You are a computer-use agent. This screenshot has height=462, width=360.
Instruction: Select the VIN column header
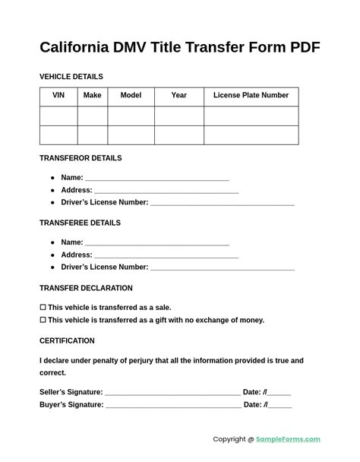(x=58, y=96)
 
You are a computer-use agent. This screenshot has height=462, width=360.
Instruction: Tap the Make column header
(x=92, y=96)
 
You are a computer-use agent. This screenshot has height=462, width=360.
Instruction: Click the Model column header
(x=131, y=96)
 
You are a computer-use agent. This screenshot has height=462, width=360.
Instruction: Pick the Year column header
(x=178, y=96)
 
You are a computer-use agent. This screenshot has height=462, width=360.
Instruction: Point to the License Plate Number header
(x=251, y=96)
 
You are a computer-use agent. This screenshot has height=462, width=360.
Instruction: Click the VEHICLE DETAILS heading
(x=71, y=77)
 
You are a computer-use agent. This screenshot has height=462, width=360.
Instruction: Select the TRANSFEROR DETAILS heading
(x=81, y=158)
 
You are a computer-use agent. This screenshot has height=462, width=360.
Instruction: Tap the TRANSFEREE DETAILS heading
(x=80, y=223)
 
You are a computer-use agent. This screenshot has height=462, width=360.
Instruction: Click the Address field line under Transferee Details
(x=166, y=256)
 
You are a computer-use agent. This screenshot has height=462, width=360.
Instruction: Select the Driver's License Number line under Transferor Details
(x=222, y=204)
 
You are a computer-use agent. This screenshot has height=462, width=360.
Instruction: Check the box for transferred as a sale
(x=43, y=308)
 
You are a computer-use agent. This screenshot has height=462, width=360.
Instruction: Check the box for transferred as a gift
(x=43, y=320)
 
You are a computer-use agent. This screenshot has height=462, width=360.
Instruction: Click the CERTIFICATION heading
(x=67, y=340)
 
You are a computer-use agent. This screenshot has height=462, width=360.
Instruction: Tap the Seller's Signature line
(x=172, y=393)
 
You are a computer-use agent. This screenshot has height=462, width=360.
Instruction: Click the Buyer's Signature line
(x=173, y=406)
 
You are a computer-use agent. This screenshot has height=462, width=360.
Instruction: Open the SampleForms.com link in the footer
(x=288, y=439)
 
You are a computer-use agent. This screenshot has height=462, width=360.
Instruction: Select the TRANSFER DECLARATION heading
(x=86, y=288)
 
